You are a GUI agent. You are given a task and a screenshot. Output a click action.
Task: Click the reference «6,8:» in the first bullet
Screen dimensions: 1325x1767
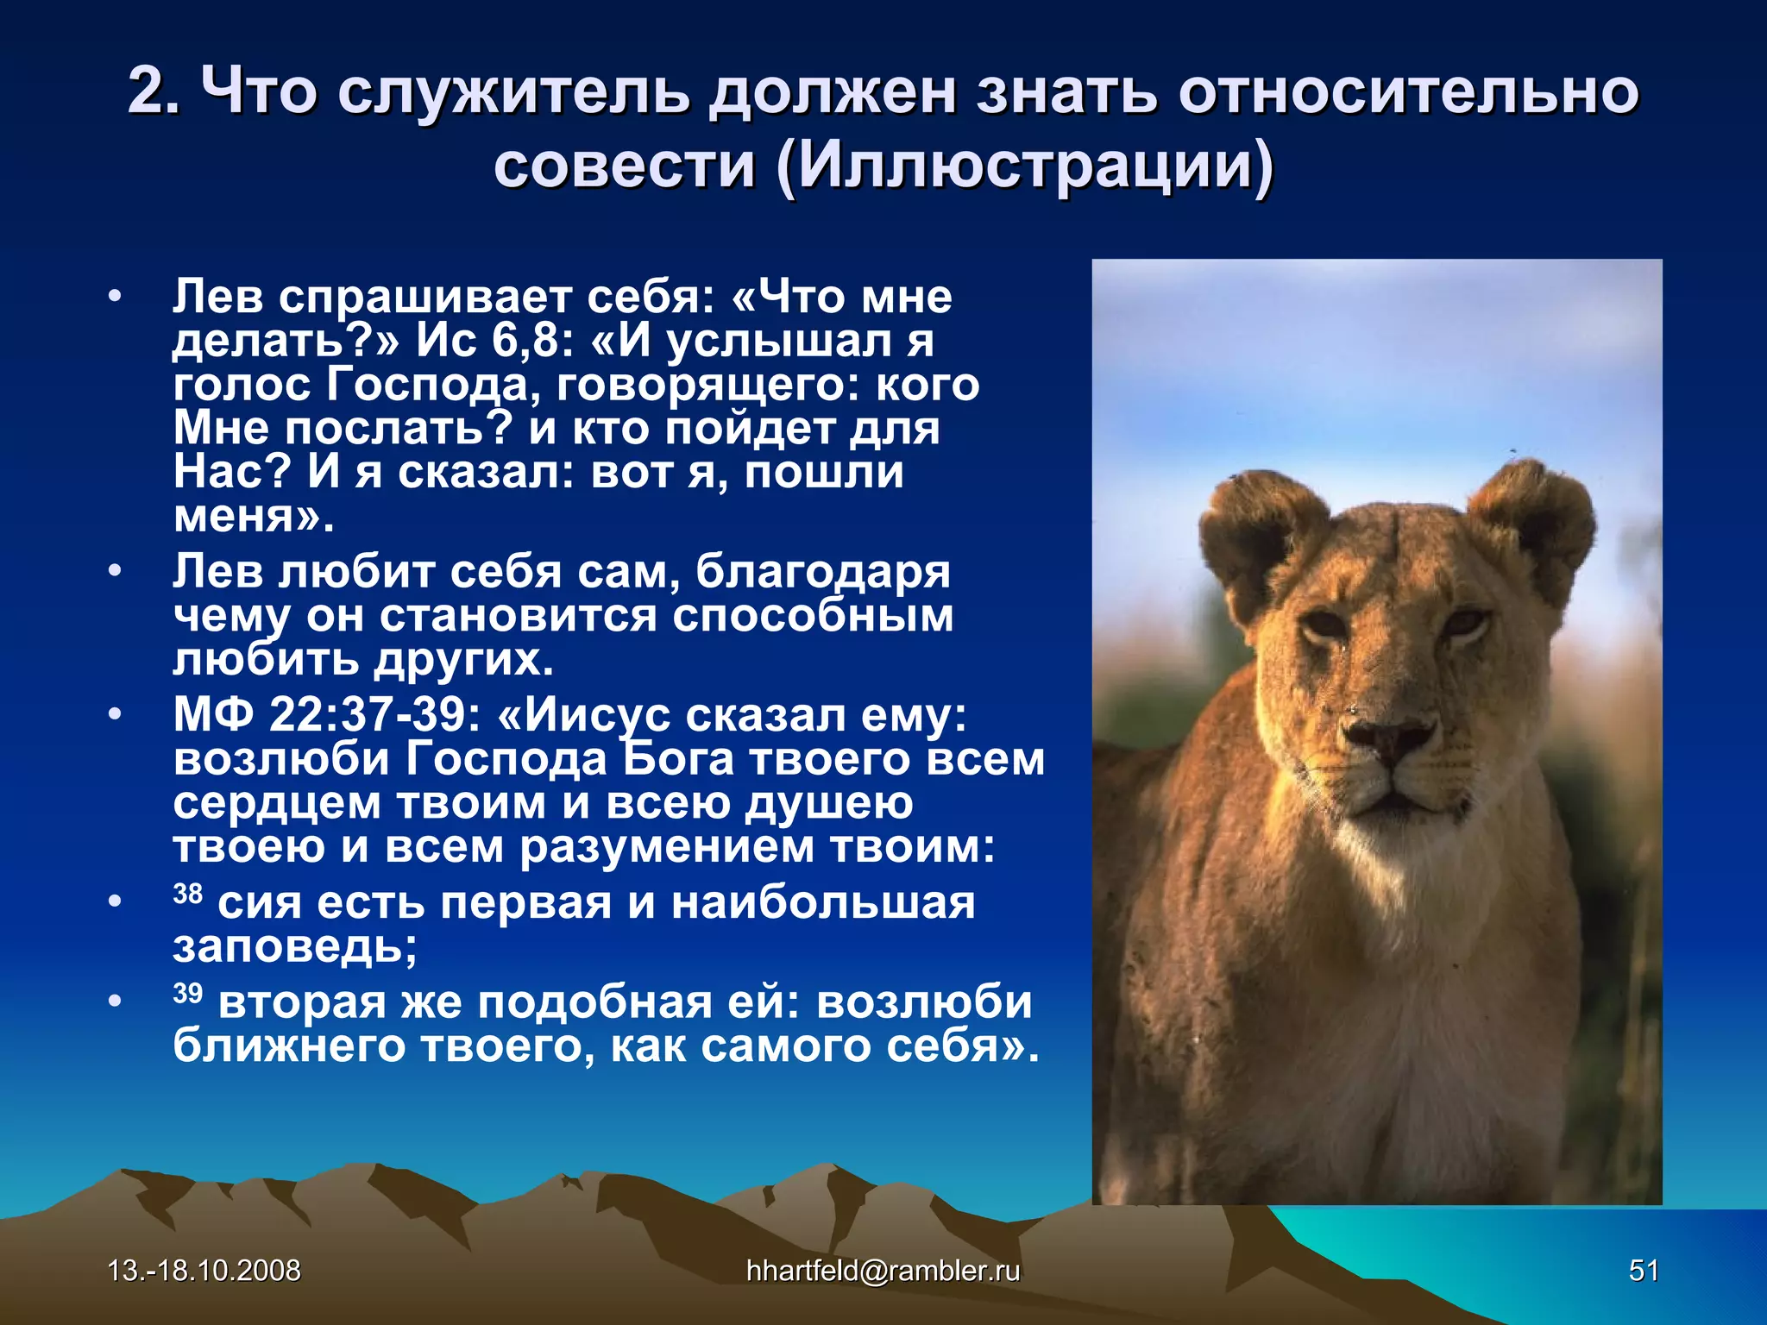point(532,342)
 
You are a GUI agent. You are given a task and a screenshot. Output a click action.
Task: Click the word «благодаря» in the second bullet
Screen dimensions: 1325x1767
point(822,572)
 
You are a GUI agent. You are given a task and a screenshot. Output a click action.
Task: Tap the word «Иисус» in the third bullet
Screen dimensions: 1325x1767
point(597,715)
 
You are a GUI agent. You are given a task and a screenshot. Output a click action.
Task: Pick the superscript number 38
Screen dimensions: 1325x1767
point(187,893)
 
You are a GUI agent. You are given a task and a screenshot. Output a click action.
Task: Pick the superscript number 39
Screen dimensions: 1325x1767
point(187,993)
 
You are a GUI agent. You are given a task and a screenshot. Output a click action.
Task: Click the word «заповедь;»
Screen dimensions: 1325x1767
point(295,947)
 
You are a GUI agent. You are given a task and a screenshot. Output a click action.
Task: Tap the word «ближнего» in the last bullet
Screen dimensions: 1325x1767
point(288,1046)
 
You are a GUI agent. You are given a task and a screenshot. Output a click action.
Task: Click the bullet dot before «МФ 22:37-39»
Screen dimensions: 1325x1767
point(115,715)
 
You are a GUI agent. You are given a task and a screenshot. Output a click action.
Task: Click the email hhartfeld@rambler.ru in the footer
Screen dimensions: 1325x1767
point(883,1271)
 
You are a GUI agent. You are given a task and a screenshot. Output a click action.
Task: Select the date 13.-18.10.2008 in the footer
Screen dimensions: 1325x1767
point(204,1271)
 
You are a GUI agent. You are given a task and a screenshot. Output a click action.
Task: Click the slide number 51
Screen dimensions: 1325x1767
point(1643,1271)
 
